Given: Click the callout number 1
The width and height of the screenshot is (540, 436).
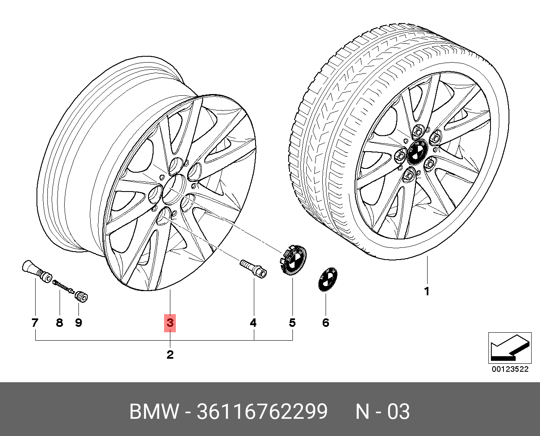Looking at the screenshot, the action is [x=427, y=292].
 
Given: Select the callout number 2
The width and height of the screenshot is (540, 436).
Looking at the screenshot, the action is [x=170, y=355].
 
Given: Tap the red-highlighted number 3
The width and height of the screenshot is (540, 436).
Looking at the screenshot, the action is [x=170, y=323].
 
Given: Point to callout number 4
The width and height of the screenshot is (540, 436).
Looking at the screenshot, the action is [x=253, y=323].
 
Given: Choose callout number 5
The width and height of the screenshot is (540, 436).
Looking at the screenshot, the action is [x=292, y=323].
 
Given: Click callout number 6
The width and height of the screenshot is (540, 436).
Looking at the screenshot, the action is [x=326, y=323].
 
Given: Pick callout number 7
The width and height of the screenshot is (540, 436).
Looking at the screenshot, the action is [x=35, y=323].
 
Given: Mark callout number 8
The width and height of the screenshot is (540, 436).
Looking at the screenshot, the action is [x=60, y=323].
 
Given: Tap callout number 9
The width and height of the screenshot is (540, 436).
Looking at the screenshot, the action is [x=78, y=323].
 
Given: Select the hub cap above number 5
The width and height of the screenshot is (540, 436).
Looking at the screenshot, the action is [x=292, y=260].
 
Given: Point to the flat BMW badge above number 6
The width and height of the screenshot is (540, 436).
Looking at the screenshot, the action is [x=327, y=280].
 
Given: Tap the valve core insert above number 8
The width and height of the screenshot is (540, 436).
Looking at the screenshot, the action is [x=63, y=287].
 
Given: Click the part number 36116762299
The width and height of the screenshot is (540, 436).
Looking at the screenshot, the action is [x=262, y=412].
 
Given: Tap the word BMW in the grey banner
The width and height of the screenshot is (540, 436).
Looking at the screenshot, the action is [x=154, y=412].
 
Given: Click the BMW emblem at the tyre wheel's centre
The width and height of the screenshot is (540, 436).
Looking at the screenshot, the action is [x=417, y=152].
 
